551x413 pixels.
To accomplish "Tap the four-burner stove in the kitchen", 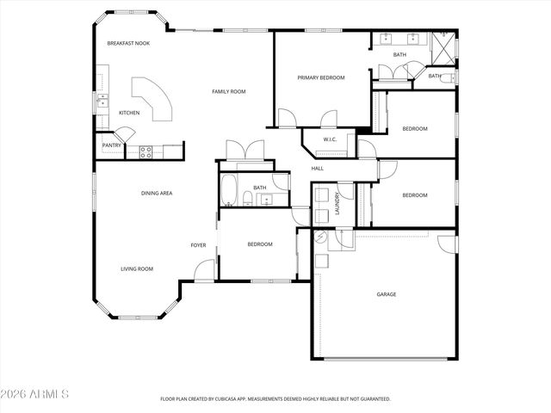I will (x=146, y=152).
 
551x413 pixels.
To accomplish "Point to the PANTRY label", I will (x=112, y=145).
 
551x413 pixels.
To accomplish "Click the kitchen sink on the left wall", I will (x=102, y=102).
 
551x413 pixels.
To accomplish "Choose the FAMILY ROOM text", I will (x=229, y=91).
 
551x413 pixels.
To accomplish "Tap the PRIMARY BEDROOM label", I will (x=320, y=77).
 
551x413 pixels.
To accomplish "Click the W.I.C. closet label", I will (x=329, y=139).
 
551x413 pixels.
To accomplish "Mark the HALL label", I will (x=317, y=169).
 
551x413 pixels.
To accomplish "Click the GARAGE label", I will (x=386, y=294).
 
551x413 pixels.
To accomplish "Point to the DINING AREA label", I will (x=157, y=193).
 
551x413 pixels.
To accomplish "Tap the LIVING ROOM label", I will (x=136, y=268).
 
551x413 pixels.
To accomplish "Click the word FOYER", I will (x=198, y=245).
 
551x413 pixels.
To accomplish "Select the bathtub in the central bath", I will (x=230, y=190).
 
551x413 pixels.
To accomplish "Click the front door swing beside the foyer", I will (x=203, y=270).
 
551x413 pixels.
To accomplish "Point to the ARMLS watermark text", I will (x=36, y=395).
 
